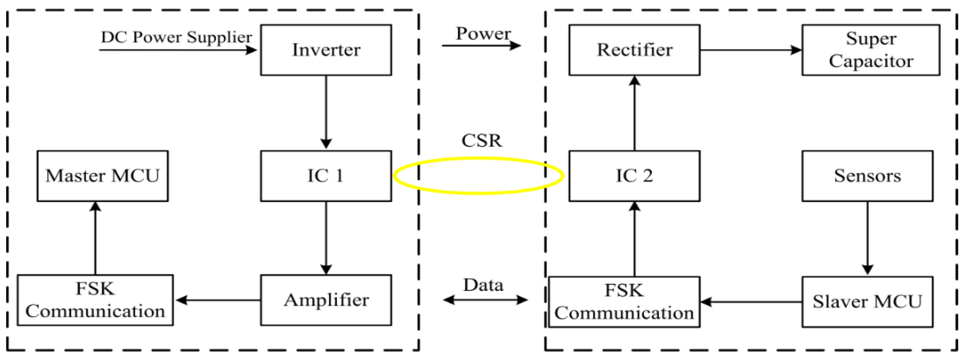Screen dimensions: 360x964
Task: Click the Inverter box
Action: click(326, 50)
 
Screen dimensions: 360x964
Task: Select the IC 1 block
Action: click(326, 176)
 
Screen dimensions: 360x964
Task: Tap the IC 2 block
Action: click(634, 176)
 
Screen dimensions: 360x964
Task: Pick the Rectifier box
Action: click(634, 50)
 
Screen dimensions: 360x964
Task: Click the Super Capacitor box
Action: click(871, 50)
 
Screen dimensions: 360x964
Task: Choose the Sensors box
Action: click(867, 176)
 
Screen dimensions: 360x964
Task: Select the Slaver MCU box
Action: click(867, 302)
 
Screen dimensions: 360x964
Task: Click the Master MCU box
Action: click(102, 176)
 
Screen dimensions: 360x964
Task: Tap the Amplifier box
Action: click(326, 300)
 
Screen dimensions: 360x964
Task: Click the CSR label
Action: click(482, 141)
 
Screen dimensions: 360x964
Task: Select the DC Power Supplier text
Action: click(176, 37)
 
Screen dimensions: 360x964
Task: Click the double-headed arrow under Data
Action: click(485, 300)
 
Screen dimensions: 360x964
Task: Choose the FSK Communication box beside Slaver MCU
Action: click(624, 302)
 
